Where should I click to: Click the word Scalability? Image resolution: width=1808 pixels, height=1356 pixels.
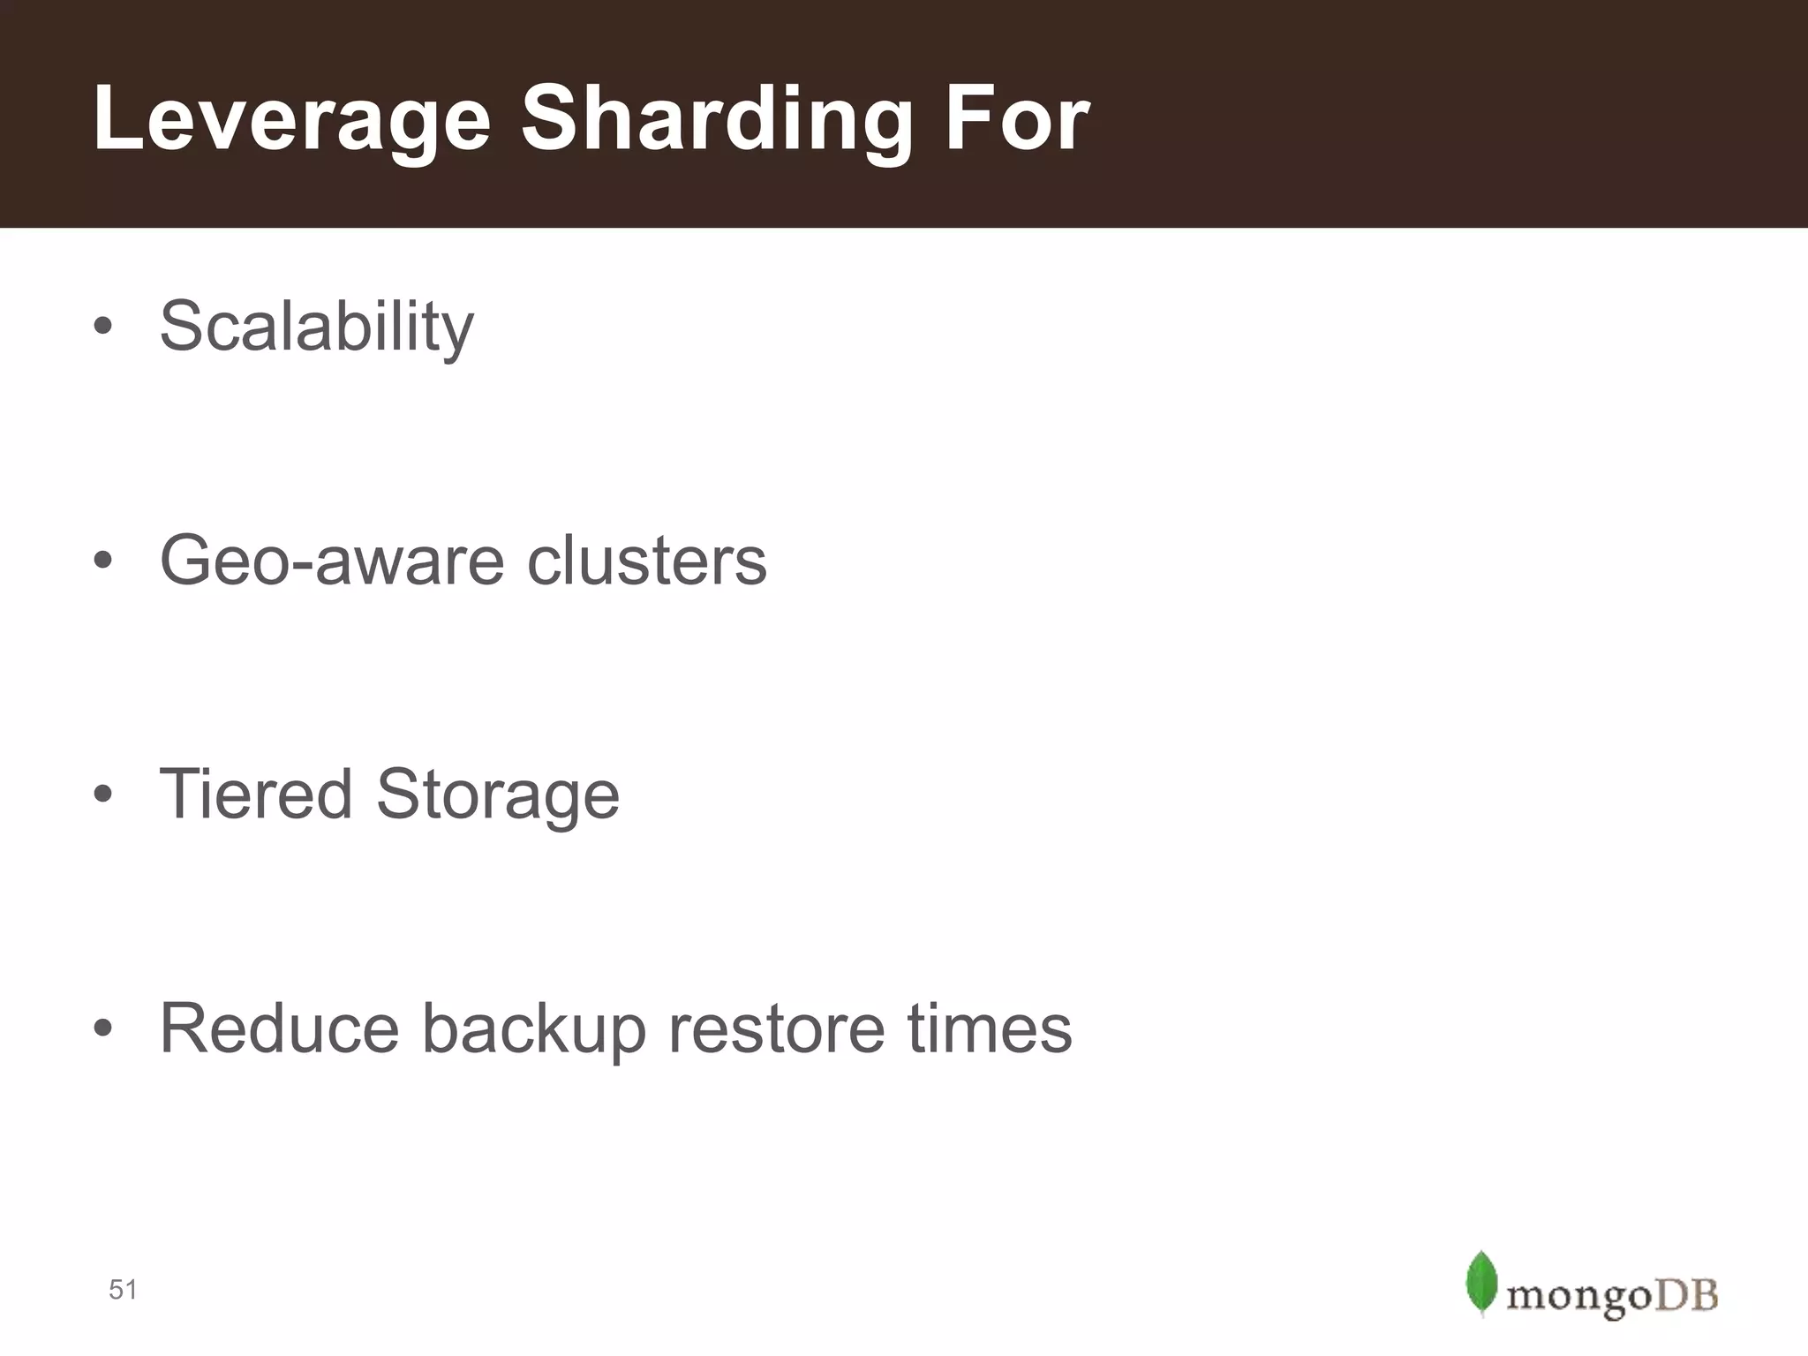click(316, 327)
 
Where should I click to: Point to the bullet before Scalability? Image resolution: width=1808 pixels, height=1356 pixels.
click(103, 327)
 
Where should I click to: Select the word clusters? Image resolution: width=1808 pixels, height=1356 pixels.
click(647, 561)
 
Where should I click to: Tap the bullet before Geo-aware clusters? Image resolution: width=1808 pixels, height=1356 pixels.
click(103, 561)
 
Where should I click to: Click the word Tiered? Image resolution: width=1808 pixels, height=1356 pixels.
click(256, 794)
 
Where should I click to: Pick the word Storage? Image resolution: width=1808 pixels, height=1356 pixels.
click(498, 795)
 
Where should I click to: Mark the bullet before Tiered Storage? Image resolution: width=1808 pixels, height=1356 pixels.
click(103, 794)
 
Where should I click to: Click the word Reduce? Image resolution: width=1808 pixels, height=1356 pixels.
click(279, 1028)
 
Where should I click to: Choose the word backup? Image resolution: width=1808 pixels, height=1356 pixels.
click(533, 1029)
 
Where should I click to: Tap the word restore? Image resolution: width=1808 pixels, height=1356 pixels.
click(776, 1029)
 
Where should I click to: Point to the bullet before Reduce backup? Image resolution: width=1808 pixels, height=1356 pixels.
click(103, 1028)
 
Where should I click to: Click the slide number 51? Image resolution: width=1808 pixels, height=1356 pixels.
click(123, 1290)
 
